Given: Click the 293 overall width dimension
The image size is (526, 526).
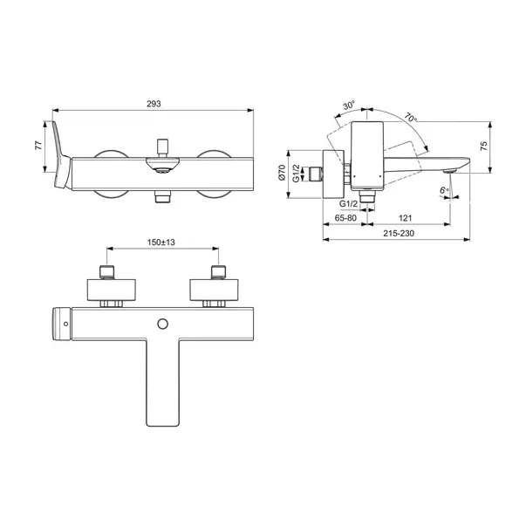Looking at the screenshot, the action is point(154,104).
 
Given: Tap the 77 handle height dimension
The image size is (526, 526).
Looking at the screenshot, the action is point(39,146).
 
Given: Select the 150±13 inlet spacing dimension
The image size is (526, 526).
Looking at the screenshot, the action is point(161,243).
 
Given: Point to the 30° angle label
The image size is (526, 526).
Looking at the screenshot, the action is point(349,106).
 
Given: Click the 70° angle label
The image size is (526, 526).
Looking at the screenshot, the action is point(411,118).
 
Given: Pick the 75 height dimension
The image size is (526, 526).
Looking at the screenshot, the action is point(484,146).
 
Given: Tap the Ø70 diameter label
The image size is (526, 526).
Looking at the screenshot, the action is point(282,173).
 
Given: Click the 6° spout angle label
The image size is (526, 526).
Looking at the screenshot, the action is point(444,190).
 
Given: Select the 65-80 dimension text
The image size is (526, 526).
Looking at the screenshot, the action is point(345,218).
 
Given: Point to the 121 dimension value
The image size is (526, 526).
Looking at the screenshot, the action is point(406,218).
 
